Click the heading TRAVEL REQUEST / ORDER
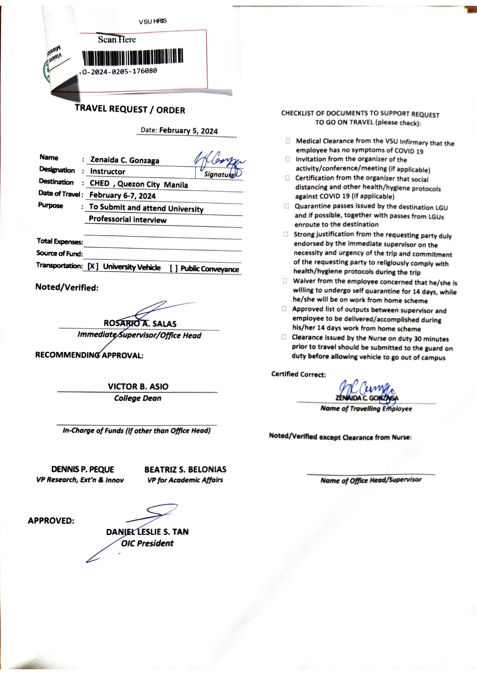coord(130,109)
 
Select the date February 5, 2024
coord(188,131)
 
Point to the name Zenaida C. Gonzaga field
coord(125,160)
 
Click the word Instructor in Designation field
coord(108,172)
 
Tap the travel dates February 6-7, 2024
coord(122,195)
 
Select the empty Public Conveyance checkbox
coord(174,268)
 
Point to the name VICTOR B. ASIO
coord(138,386)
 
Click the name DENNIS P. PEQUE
coord(83,469)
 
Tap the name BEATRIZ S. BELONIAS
coord(185,469)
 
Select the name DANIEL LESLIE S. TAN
coord(147,532)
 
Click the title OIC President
coord(147,543)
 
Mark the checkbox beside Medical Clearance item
coord(288,141)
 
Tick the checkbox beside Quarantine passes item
coord(287,206)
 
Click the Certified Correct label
coord(298,374)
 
